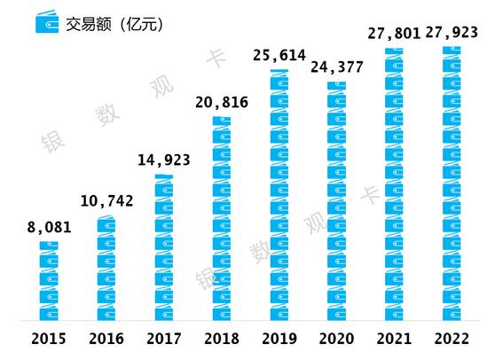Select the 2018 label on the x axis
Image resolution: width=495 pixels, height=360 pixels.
223,338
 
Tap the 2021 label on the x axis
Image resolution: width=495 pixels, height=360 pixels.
395,338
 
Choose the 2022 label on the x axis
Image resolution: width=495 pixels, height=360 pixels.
452,338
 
